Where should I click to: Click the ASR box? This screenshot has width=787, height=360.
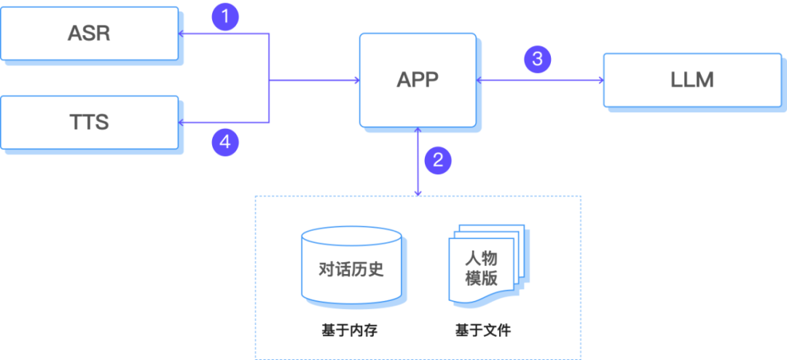coord(89,34)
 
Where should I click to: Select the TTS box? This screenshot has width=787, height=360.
coord(89,121)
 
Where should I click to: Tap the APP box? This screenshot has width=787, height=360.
coord(418,80)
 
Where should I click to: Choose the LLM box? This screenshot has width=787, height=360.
coord(692,79)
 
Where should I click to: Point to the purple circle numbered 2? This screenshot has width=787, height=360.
coord(437,160)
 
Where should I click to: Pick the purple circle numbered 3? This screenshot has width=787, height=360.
coord(537,59)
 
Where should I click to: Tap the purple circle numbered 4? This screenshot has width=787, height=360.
coord(225,143)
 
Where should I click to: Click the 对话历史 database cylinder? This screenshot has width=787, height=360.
coord(351,267)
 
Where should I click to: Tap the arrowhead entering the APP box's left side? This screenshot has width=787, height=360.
coord(356,80)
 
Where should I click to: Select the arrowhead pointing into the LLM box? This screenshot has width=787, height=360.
coord(600,80)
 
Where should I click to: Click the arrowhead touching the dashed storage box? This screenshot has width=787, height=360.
coord(418,192)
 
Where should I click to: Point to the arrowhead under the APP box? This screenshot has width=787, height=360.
coord(418,132)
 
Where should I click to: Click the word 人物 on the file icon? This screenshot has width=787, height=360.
coord(481,258)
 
